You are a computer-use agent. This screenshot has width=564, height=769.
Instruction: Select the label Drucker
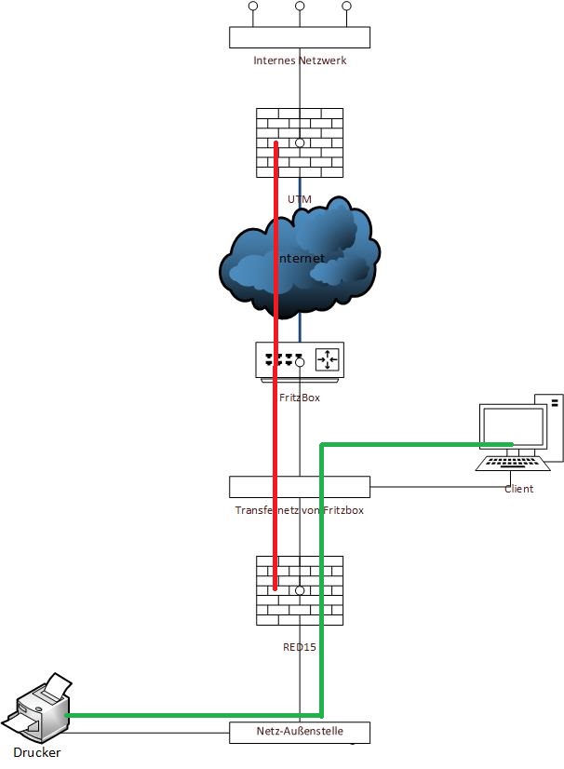click(x=37, y=752)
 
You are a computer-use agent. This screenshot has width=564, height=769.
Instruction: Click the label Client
click(x=518, y=489)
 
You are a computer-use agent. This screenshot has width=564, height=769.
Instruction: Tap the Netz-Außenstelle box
click(x=300, y=733)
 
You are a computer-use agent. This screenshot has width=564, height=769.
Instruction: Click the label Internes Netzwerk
click(x=300, y=61)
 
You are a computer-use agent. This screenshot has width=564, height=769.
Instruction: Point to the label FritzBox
click(x=300, y=398)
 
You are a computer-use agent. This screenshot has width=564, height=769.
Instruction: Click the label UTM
click(x=300, y=198)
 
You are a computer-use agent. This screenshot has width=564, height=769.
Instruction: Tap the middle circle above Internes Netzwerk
click(x=300, y=7)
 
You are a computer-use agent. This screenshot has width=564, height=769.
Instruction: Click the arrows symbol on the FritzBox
click(x=329, y=358)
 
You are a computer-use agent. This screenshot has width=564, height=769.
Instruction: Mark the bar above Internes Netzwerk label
click(x=300, y=37)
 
